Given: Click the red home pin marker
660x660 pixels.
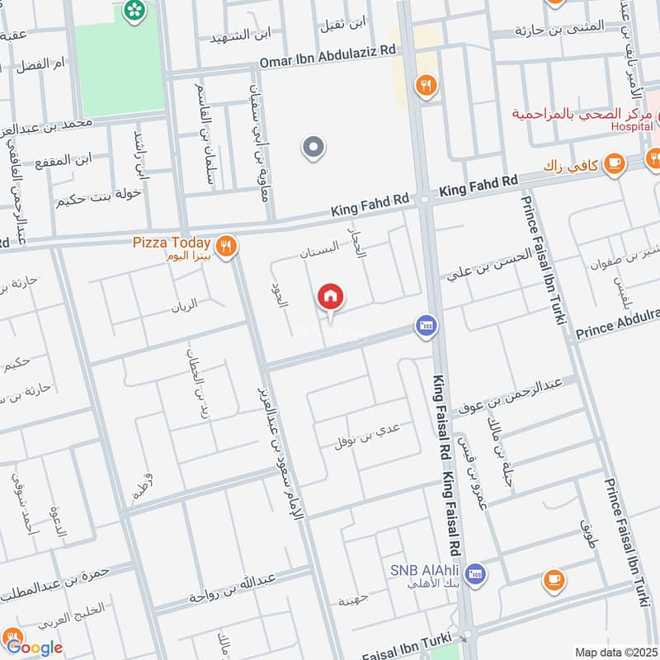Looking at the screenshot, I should [331, 296].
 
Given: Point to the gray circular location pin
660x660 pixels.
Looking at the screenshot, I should [313, 148].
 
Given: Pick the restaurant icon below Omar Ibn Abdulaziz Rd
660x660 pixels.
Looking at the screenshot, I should [426, 85].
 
